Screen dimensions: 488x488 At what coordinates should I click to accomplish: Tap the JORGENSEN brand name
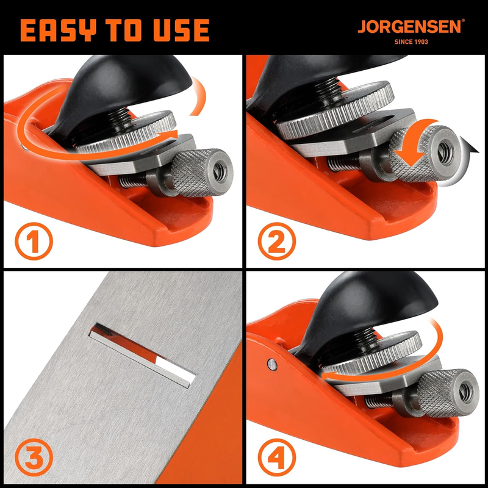[x=409, y=26]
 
